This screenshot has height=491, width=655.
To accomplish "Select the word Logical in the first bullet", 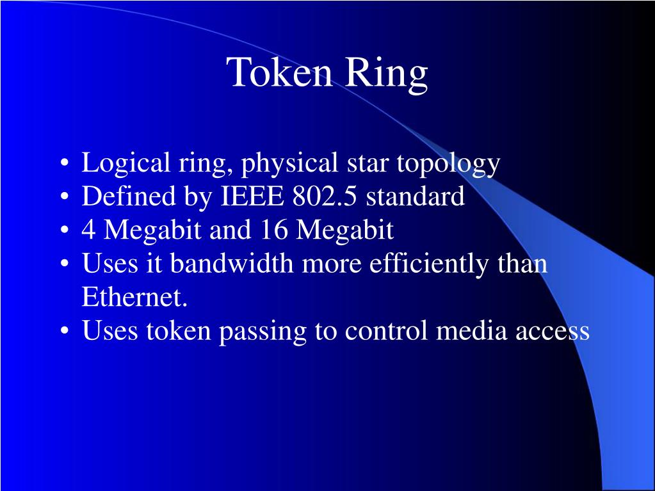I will (x=124, y=165).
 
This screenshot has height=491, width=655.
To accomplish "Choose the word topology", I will (x=448, y=165).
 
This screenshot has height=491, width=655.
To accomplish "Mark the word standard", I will (x=416, y=197).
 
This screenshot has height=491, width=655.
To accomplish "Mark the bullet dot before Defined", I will (x=65, y=198).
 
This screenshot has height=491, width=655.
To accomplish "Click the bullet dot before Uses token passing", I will (x=65, y=332).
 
